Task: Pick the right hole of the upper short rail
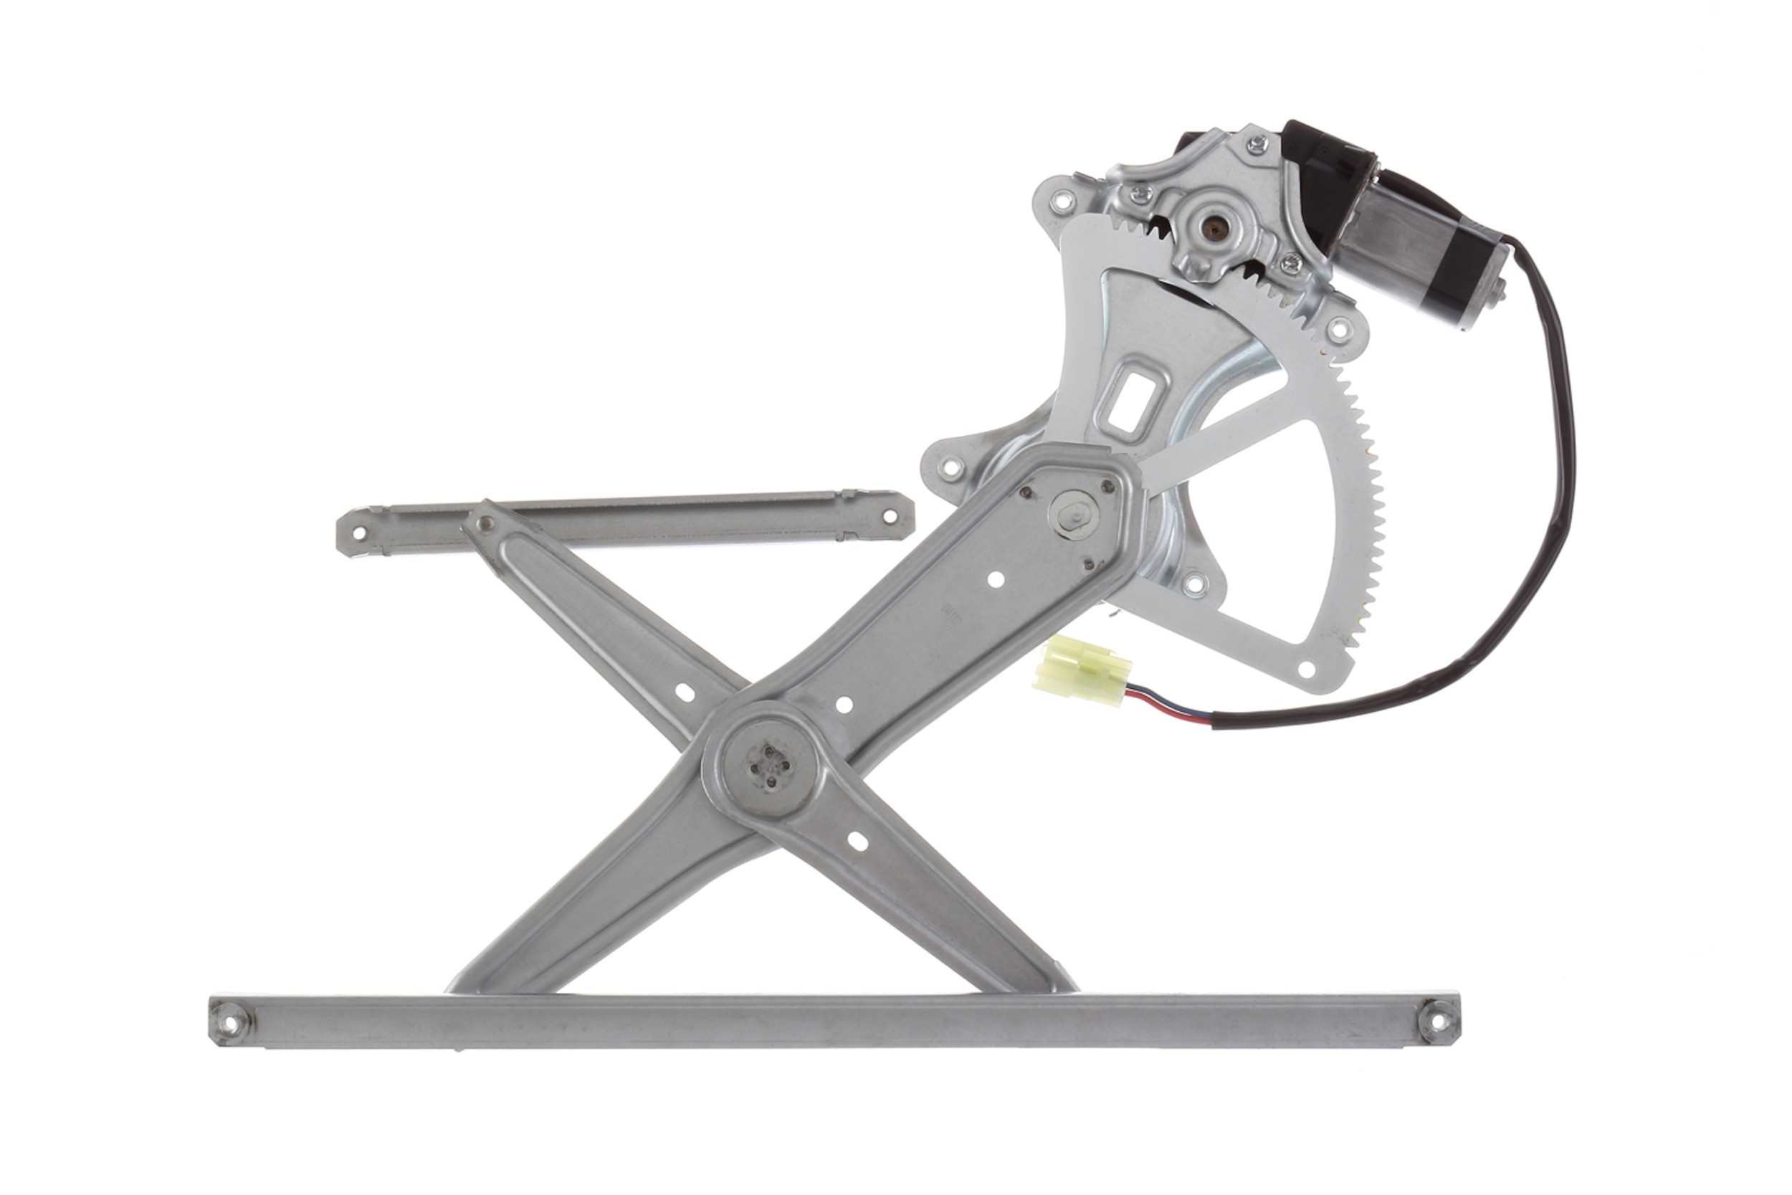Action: coord(888,516)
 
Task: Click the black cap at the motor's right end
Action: coord(1476,298)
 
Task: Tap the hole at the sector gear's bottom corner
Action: coord(1306,670)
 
